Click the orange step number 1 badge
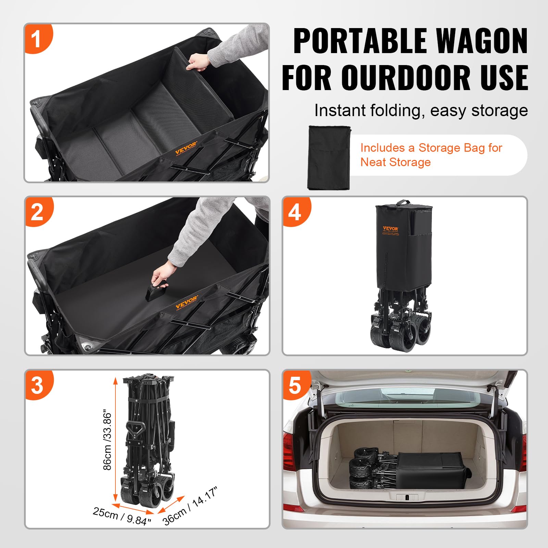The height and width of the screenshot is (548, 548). (37, 38)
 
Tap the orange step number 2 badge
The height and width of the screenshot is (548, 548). (38, 212)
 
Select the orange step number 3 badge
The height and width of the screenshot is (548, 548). (38, 385)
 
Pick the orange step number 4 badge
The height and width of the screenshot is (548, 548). (295, 212)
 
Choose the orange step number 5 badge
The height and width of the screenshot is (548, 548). (295, 385)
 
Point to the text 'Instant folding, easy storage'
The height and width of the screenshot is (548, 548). (421, 111)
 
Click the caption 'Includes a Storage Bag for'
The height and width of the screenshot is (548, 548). (431, 148)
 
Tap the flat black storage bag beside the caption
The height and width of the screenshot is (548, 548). (329, 158)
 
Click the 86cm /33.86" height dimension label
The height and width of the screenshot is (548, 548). (108, 440)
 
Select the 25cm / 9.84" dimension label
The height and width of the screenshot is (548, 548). (122, 516)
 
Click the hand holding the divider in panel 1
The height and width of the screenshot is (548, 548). (198, 62)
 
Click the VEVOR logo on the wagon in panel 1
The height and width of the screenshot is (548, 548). (186, 148)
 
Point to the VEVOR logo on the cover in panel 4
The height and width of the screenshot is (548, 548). (390, 229)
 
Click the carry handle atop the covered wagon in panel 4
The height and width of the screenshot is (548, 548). (403, 202)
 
